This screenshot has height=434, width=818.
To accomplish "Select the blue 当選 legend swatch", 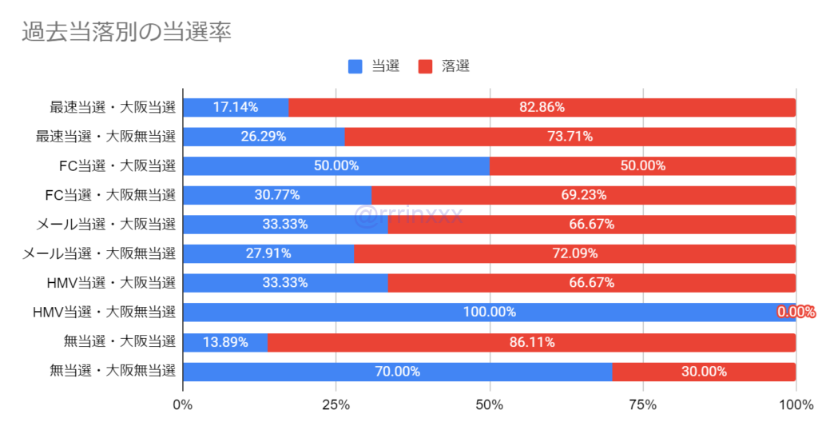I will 355,66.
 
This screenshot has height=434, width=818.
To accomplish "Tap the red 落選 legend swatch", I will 425,66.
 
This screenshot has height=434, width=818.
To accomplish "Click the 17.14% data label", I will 236,107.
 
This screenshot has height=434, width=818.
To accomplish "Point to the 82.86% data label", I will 542,107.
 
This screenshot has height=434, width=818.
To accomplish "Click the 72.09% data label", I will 574,253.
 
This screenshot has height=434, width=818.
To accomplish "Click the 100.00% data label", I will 489,313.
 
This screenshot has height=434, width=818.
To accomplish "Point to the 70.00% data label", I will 397,372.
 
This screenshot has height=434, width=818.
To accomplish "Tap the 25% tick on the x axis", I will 336,405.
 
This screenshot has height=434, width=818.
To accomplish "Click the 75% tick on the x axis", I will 642,405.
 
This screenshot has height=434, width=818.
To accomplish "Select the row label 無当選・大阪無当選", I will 113,371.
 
